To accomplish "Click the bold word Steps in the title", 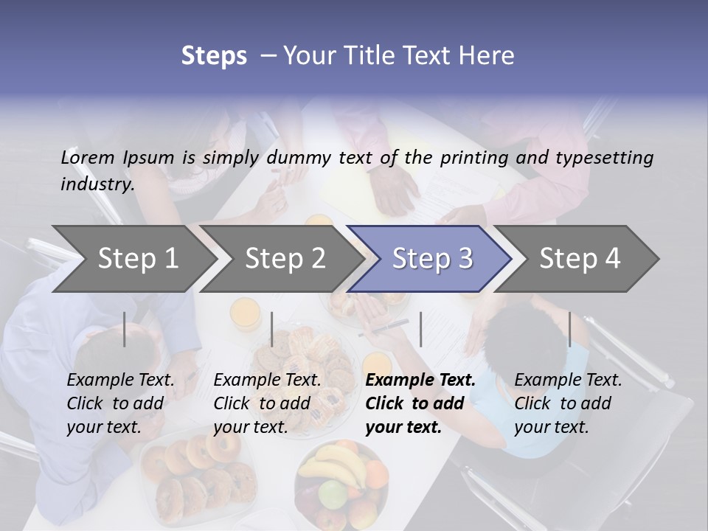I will click(214, 56).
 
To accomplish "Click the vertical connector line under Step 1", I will click(125, 329).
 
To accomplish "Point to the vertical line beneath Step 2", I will click(272, 329).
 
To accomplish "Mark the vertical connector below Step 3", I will click(420, 329).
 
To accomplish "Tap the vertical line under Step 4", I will click(569, 329).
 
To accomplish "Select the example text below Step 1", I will click(120, 403).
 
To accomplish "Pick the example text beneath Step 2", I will click(267, 403).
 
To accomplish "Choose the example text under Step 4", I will click(568, 403).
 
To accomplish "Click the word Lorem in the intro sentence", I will click(88, 157).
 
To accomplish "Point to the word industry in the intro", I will click(97, 184).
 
